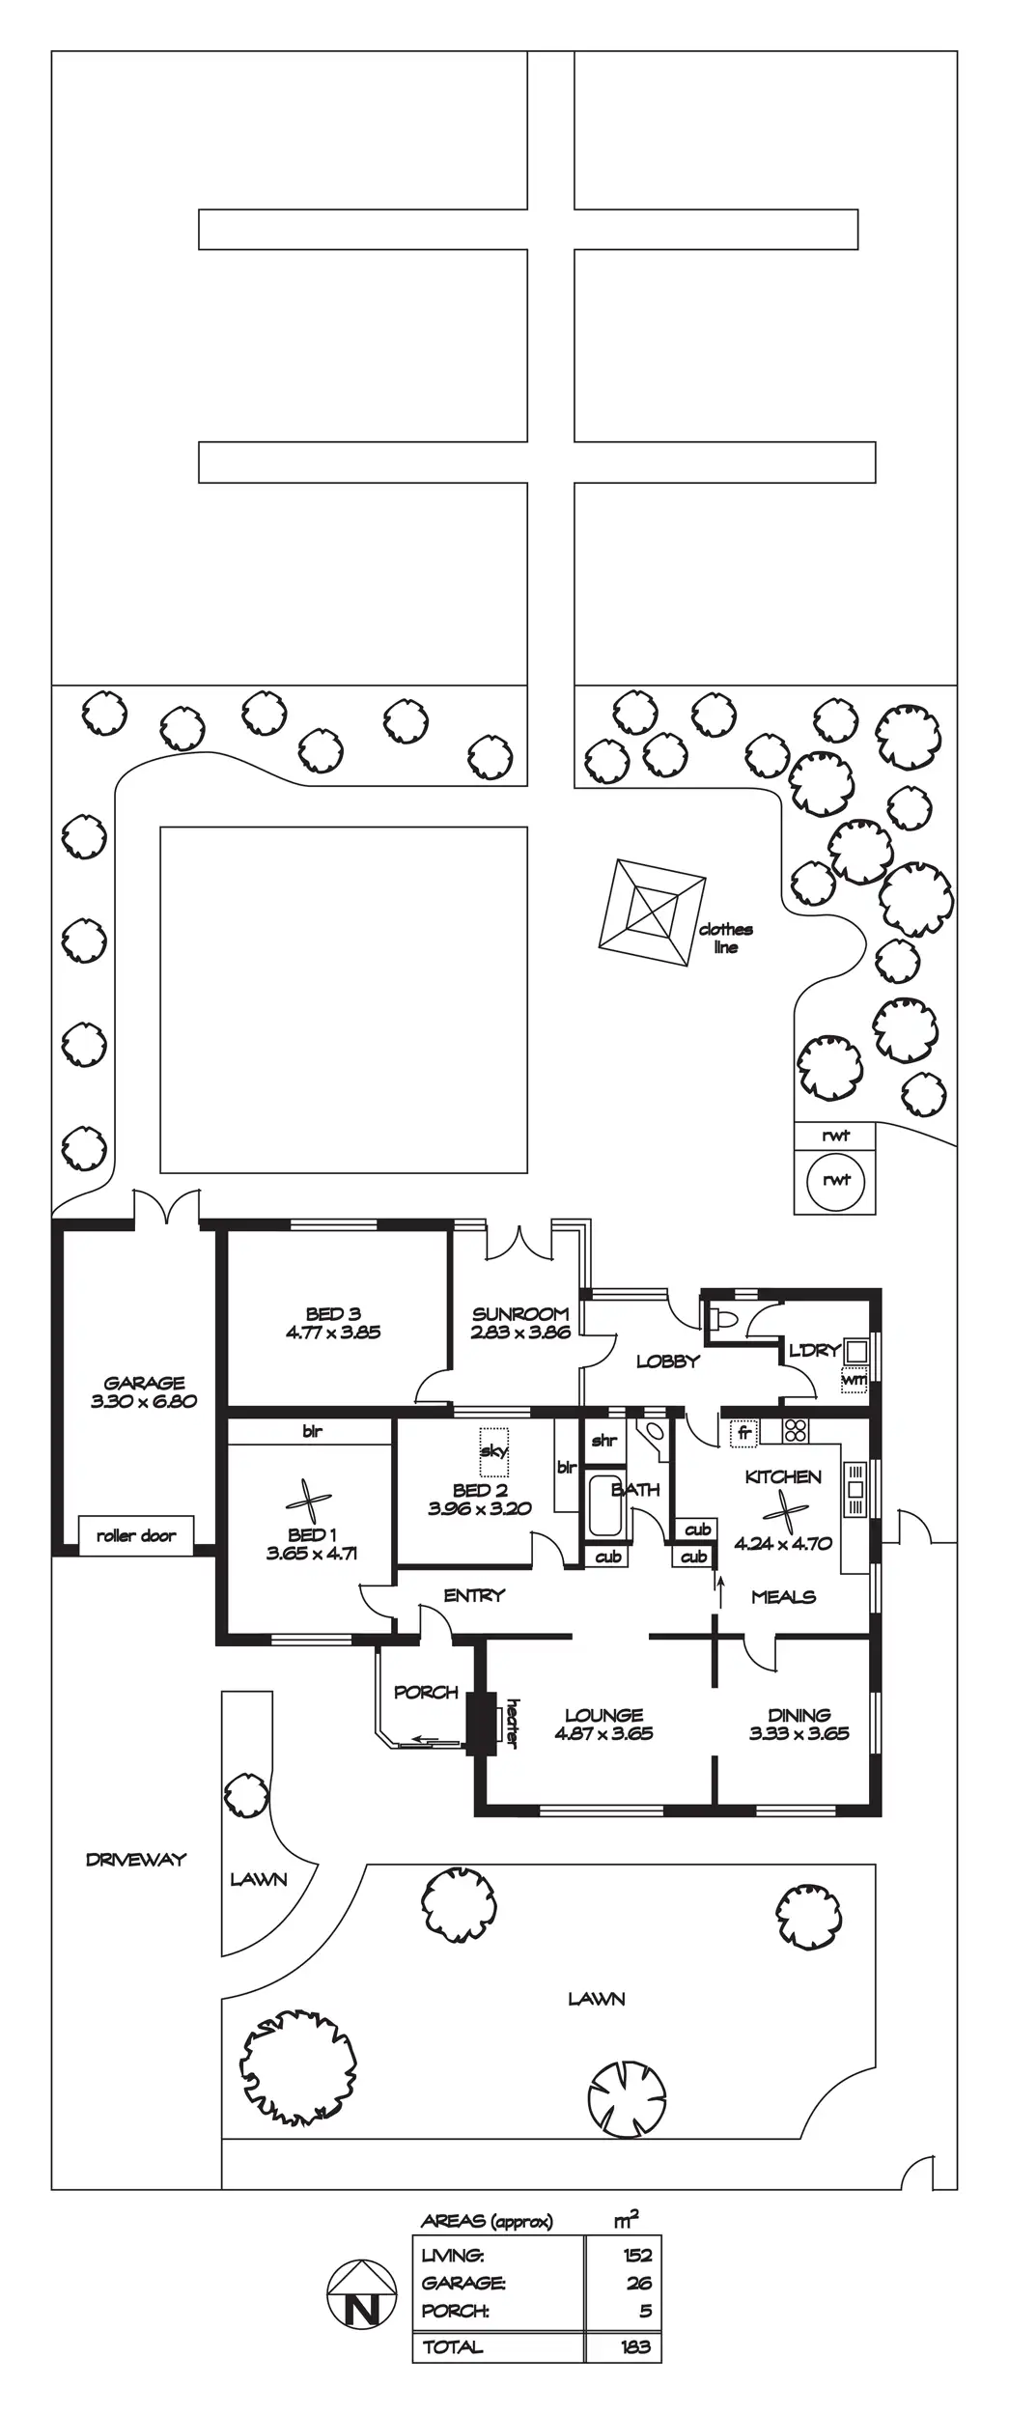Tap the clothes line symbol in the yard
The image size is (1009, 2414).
click(x=652, y=912)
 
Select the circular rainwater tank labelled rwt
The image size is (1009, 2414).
click(x=836, y=1180)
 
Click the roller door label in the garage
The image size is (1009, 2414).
click(x=136, y=1535)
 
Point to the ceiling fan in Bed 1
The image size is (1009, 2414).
click(x=309, y=1501)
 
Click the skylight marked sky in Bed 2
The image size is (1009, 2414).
click(x=493, y=1450)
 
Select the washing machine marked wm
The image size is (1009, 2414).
click(x=854, y=1380)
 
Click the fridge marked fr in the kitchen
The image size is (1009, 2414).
click(x=743, y=1433)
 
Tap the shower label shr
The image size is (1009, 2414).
click(x=603, y=1441)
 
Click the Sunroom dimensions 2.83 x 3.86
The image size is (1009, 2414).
click(x=520, y=1332)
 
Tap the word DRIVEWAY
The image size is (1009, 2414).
click(x=136, y=1859)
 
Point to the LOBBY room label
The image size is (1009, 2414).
click(x=667, y=1361)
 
